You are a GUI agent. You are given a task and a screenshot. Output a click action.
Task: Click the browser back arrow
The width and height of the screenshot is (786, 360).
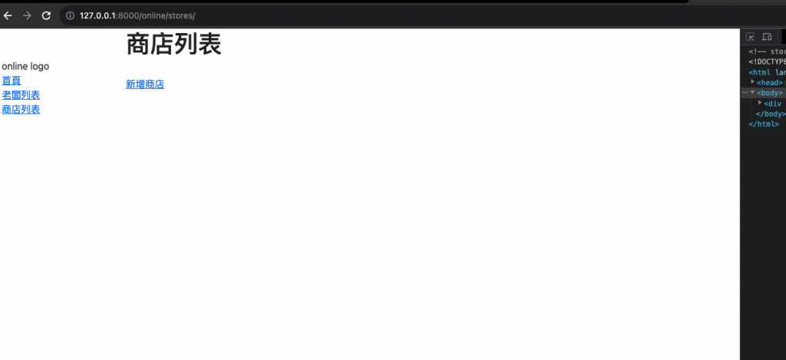8,15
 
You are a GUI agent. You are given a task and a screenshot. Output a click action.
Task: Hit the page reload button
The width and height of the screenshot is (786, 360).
46,15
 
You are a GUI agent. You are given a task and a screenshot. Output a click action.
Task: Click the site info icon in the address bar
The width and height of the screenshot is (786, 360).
69,15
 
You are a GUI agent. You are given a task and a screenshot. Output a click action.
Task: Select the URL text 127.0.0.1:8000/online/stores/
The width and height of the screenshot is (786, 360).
137,15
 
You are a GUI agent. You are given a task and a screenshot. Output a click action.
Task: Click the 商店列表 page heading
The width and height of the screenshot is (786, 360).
173,45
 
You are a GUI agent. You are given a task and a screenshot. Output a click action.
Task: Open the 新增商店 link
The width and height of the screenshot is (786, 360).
145,84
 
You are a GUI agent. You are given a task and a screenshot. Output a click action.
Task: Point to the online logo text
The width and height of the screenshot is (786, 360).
25,66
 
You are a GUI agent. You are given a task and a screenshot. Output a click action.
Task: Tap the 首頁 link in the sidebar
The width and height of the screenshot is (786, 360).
12,81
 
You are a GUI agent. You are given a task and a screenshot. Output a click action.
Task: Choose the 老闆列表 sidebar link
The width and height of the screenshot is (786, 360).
21,95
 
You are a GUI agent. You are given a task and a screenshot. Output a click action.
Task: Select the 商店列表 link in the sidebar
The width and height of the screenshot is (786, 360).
21,110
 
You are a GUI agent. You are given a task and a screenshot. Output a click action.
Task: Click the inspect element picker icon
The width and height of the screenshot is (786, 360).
751,37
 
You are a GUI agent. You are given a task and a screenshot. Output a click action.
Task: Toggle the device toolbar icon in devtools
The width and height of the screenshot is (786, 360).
767,37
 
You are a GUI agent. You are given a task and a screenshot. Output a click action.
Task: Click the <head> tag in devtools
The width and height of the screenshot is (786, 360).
769,83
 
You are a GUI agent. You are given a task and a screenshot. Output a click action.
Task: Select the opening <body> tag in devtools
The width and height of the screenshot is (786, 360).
769,93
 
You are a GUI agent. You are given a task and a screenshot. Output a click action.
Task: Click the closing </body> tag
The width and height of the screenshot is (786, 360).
771,114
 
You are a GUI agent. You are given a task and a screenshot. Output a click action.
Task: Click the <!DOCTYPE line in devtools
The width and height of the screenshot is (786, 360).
767,62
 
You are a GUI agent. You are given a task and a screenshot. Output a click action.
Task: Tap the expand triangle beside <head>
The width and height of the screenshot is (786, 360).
753,82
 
